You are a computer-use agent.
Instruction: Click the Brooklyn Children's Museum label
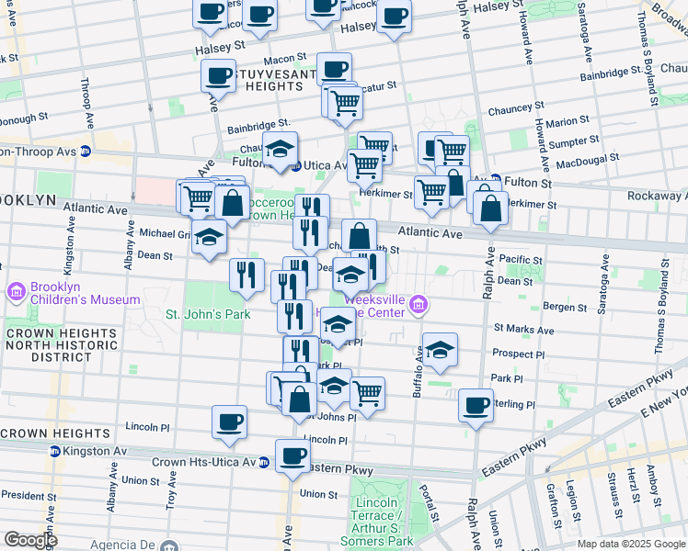click(85, 293)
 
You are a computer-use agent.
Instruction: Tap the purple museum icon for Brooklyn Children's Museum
click(16, 293)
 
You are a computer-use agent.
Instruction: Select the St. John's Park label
click(208, 314)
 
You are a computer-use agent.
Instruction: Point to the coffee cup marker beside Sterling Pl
click(476, 405)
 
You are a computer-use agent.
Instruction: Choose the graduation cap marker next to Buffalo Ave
click(441, 349)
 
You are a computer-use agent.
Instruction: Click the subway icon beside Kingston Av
click(55, 452)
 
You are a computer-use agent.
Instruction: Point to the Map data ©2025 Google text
click(630, 544)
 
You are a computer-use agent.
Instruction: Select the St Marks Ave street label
click(523, 329)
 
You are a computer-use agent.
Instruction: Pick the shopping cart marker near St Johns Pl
click(367, 393)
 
